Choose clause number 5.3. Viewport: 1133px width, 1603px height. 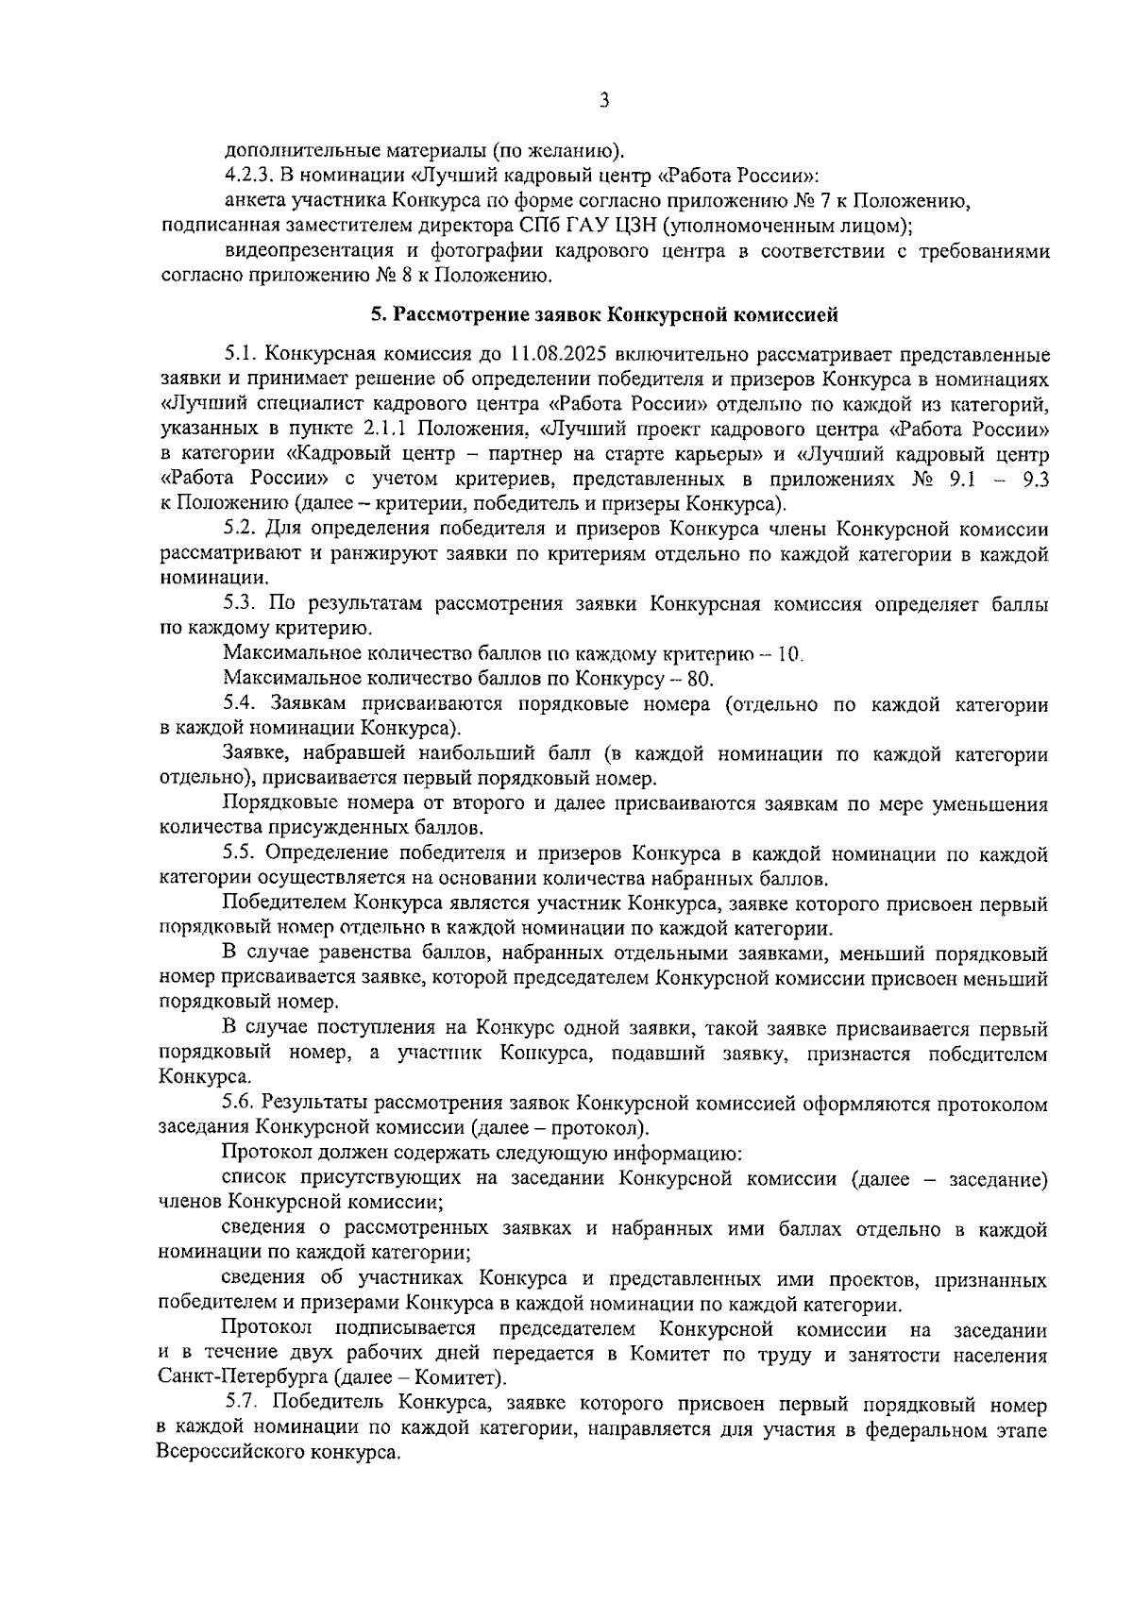[x=242, y=603]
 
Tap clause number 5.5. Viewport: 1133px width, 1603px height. [x=242, y=853]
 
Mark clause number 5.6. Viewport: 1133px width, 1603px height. [x=242, y=1103]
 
